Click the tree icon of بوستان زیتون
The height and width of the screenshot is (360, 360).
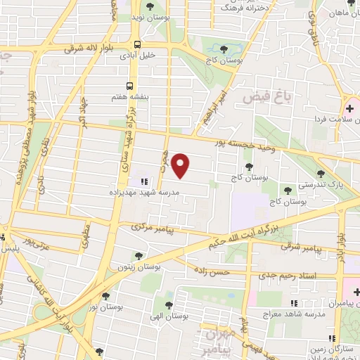139,256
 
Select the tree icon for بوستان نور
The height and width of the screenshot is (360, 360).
105,296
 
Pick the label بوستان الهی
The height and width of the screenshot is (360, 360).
167,315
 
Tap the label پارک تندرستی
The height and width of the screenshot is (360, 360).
307,183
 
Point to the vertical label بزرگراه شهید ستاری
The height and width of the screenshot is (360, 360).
132,144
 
